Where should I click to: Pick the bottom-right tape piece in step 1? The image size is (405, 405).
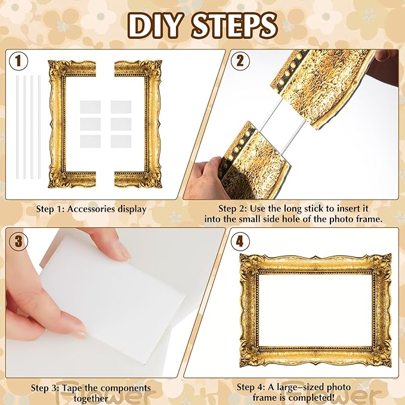click(120, 141)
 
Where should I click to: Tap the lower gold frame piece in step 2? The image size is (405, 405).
click(251, 152)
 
